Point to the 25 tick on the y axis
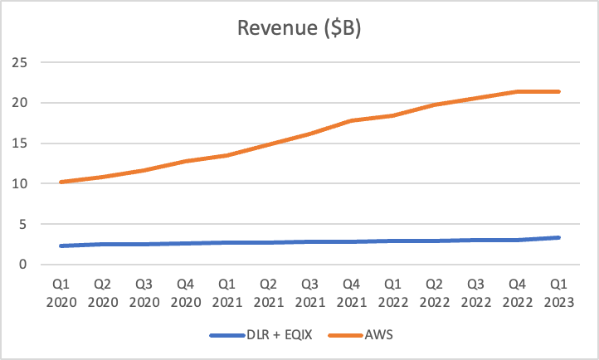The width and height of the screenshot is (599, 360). (21, 62)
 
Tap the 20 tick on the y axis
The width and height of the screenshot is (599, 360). (21, 103)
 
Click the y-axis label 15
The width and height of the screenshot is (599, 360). (21, 144)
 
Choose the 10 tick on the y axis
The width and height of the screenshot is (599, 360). (21, 183)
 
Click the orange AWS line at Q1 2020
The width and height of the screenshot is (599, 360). (61, 182)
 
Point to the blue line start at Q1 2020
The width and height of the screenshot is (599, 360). (61, 246)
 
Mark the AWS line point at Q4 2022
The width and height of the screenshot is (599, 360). (517, 91)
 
